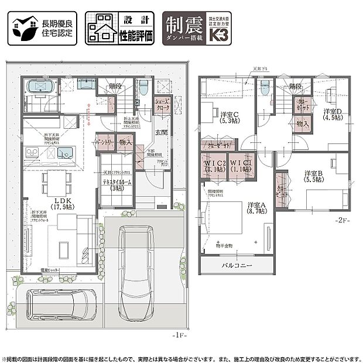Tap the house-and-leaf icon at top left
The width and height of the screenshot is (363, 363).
[x=22, y=29]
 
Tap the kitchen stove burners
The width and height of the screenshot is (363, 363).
[x=32, y=152]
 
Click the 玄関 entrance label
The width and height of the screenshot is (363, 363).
[x=161, y=132]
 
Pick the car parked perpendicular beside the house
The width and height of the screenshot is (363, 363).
[x=134, y=270]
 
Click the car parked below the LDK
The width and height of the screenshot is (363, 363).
[x=61, y=303]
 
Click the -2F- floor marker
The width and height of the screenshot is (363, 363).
[x=342, y=221]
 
